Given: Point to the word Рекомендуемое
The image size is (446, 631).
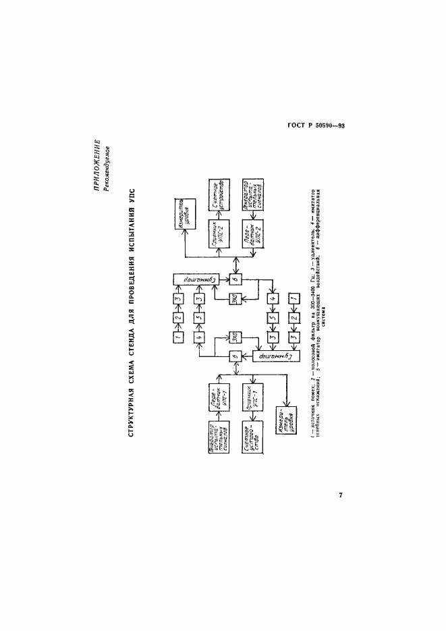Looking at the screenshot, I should click(107, 167).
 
